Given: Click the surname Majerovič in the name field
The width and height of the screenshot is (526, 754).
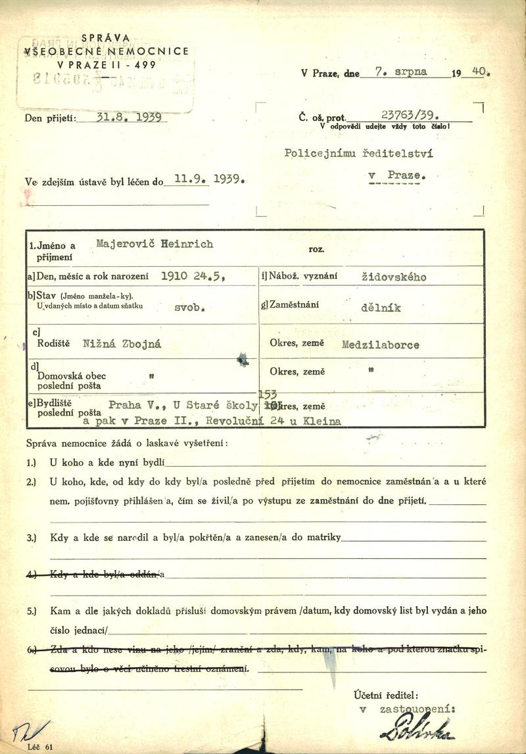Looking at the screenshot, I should click(123, 244).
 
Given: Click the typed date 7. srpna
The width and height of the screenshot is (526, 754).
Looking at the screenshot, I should click(400, 72).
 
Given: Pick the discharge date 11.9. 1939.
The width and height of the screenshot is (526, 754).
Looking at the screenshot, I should click(205, 178).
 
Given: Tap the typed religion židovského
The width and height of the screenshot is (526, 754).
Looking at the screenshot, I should click(394, 277).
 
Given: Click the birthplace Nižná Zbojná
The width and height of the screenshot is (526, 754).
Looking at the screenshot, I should click(122, 342).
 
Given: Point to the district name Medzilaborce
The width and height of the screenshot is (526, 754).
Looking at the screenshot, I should click(381, 344).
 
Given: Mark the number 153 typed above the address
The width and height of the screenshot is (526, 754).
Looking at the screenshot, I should click(268, 392).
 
